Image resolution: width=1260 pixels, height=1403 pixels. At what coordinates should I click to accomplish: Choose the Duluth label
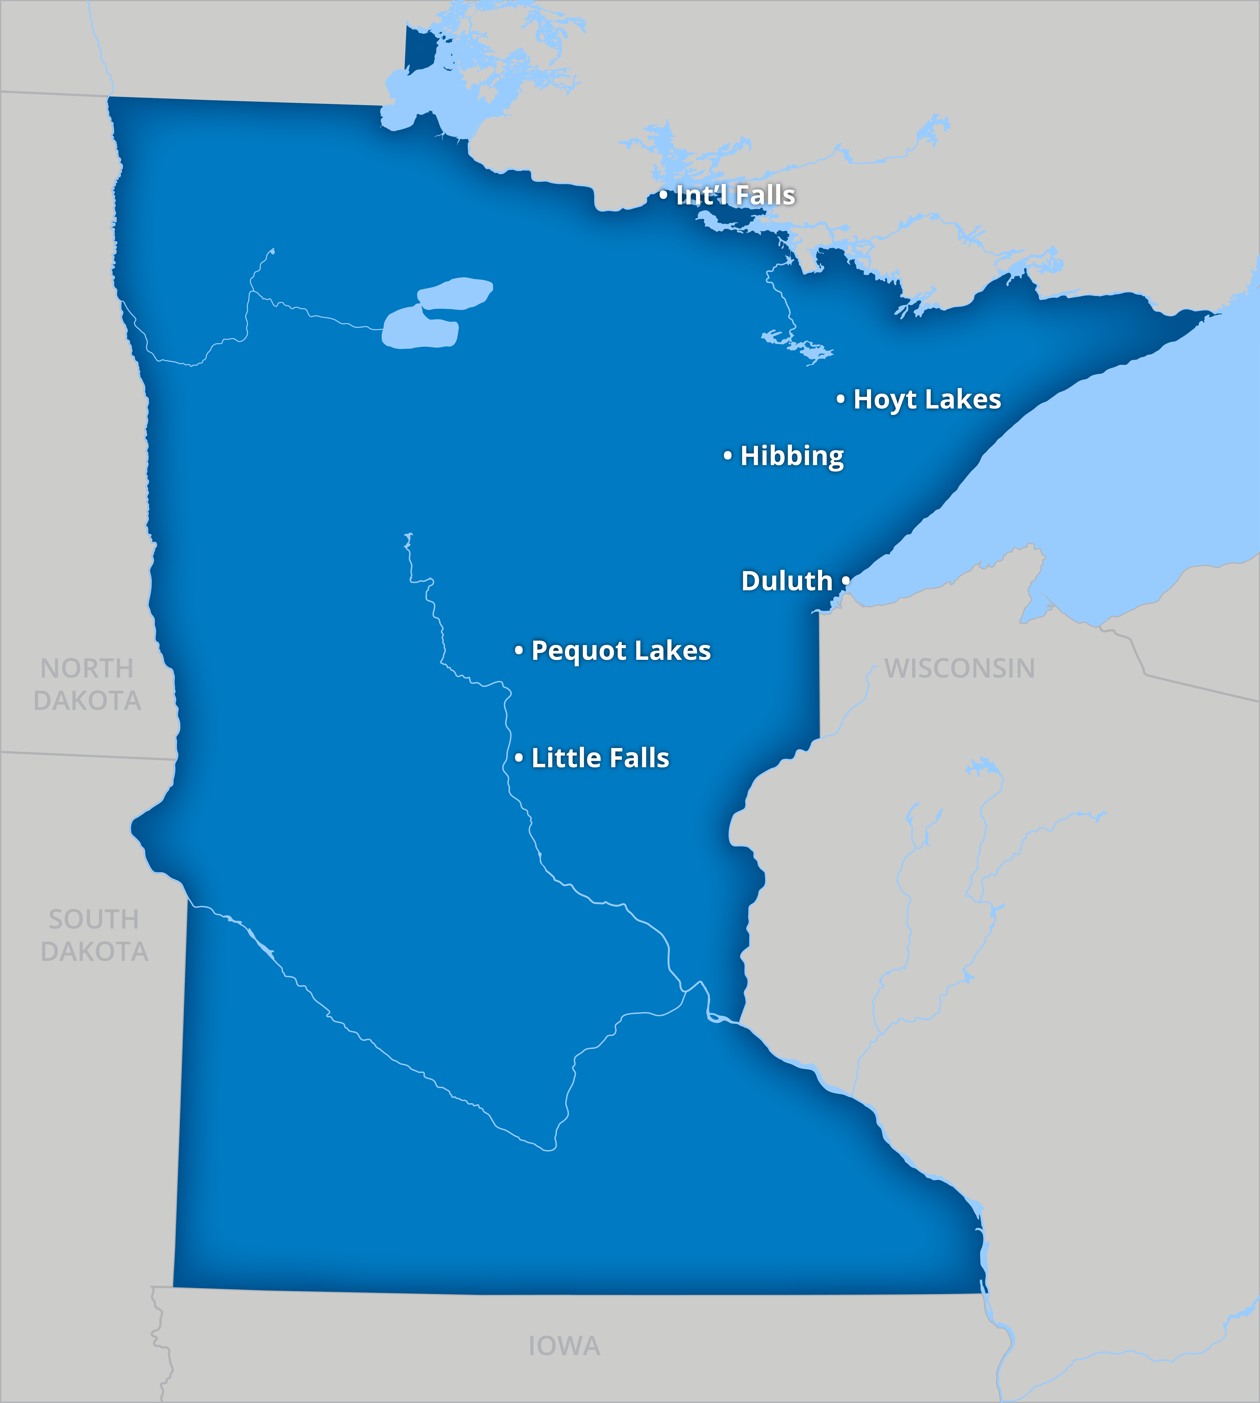pyautogui.click(x=786, y=581)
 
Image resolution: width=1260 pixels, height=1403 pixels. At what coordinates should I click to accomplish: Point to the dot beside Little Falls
pyautogui.click(x=518, y=758)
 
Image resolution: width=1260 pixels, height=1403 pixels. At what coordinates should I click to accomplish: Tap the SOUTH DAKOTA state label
pyautogui.click(x=94, y=935)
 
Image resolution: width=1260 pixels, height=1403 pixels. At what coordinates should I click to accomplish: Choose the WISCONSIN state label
pyautogui.click(x=960, y=668)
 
